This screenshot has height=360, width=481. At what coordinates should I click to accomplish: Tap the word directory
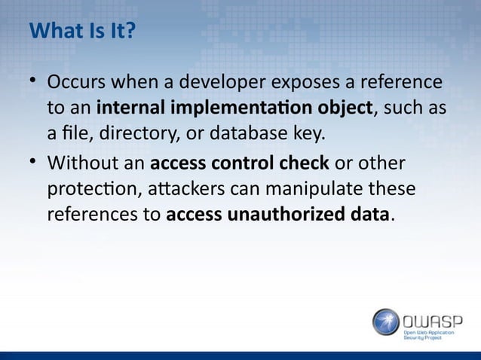click(121, 136)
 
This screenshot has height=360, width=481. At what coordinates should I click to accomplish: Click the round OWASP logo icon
click(386, 322)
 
